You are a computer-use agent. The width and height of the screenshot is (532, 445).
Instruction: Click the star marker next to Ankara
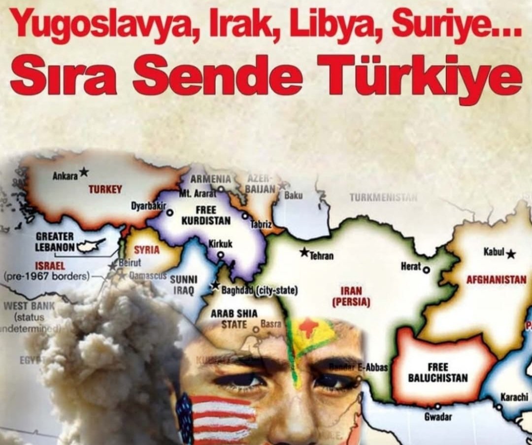pyautogui.click(x=84, y=172)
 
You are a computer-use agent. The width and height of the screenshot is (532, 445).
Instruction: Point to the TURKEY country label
pyautogui.click(x=105, y=189)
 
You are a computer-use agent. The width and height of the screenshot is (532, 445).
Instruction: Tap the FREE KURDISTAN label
pyautogui.click(x=206, y=215)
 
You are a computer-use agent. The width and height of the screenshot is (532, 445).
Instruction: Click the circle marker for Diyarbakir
pyautogui.click(x=169, y=213)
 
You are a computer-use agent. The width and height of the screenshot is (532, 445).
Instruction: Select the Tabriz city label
pyautogui.click(x=261, y=224)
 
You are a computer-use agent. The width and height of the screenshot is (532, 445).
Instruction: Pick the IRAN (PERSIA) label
pyautogui.click(x=351, y=296)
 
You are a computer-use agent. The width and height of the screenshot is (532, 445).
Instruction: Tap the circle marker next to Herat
pyautogui.click(x=427, y=269)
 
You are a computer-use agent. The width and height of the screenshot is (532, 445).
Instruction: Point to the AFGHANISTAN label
pyautogui.click(x=496, y=279)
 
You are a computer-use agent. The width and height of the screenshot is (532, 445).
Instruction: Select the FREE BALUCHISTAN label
pyautogui.click(x=438, y=373)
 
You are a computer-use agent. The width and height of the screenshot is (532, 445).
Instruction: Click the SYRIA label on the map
pyautogui.click(x=147, y=250)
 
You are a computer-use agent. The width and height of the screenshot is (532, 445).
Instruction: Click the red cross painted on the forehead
pyautogui.click(x=308, y=325)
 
